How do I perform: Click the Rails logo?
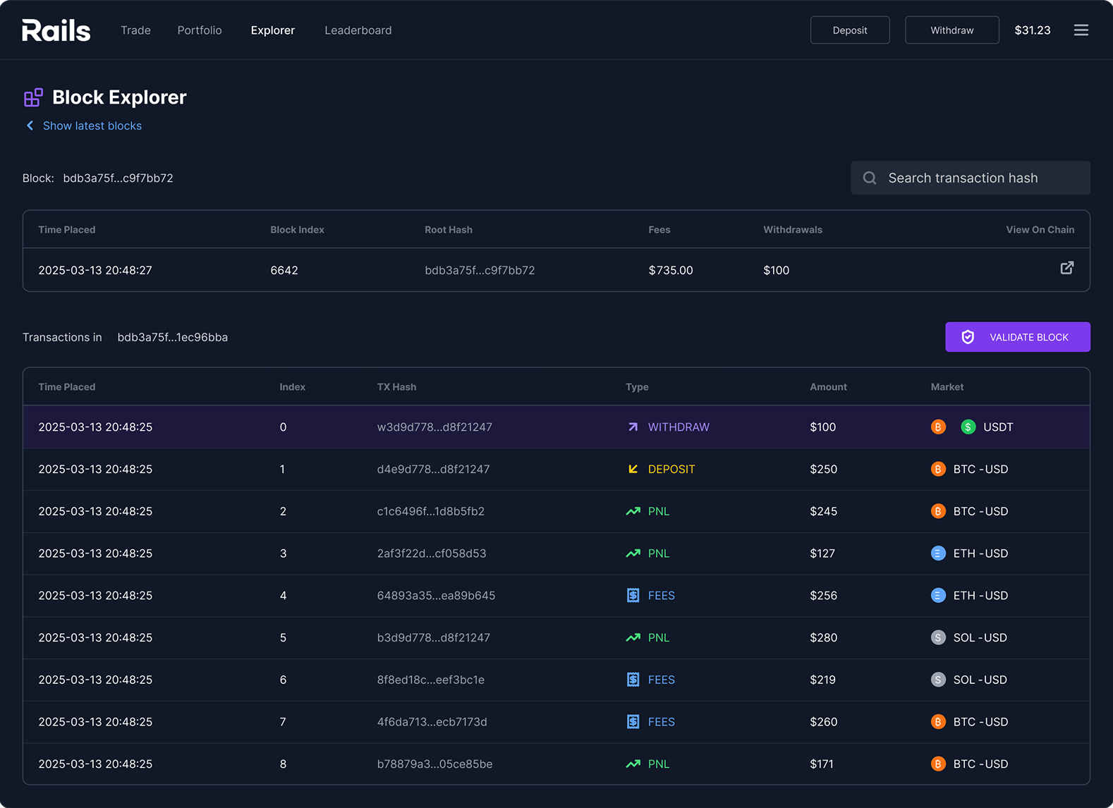56,30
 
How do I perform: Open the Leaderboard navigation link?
358,30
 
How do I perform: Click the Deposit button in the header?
849,30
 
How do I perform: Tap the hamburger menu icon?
1081,30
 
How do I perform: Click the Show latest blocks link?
92,126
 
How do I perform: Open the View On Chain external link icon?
1066,268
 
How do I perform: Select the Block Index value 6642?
284,270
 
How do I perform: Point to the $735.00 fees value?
670,270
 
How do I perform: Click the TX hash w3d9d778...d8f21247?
434,427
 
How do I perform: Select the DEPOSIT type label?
671,470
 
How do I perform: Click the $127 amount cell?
822,553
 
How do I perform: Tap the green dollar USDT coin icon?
968,427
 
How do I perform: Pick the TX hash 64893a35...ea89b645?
436,596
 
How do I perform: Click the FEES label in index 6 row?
661,680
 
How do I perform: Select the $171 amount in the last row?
821,764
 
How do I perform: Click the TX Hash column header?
396,387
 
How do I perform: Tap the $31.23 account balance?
1032,30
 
